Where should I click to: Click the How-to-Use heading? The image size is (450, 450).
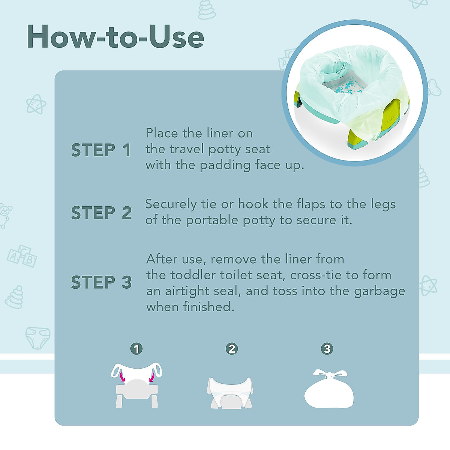tap(115, 37)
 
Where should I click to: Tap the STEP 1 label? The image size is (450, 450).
tap(101, 150)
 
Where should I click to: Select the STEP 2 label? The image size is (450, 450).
tap(101, 213)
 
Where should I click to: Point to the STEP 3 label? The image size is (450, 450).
tap(101, 282)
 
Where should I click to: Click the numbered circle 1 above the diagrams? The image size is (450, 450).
tap(136, 349)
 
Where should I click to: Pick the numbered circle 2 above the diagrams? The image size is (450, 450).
tap(232, 349)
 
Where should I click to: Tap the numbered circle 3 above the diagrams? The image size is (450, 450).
tap(327, 349)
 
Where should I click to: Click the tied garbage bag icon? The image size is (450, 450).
tap(328, 390)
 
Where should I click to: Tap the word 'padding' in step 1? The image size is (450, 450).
tap(225, 165)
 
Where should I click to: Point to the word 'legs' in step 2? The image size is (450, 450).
tap(383, 205)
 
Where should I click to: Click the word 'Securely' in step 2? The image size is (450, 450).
tap(171, 205)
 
